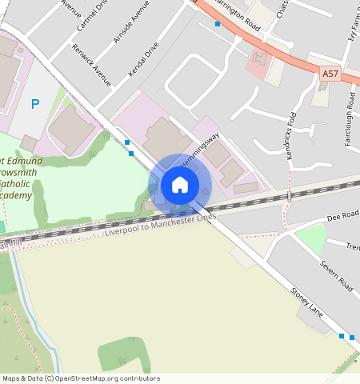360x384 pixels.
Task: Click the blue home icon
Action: click(180, 186)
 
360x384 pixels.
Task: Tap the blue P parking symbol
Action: click(34, 103)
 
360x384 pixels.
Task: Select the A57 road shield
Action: click(330, 74)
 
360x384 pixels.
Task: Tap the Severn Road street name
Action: click(336, 273)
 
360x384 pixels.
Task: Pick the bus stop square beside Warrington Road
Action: click(218, 24)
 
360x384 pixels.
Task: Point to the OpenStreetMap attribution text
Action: click(81, 378)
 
